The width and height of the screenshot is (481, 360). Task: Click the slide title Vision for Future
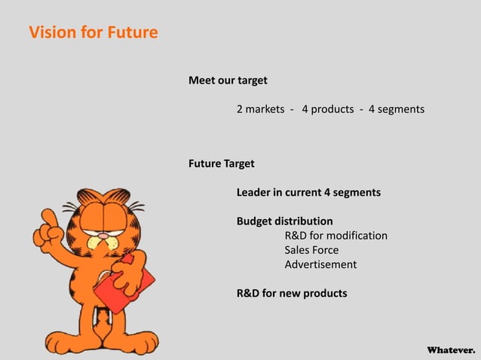pyautogui.click(x=93, y=33)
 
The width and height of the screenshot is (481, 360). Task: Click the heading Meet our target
pyautogui.click(x=228, y=80)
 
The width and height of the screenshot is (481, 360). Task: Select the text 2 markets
pyautogui.click(x=260, y=109)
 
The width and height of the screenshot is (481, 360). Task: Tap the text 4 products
pyautogui.click(x=327, y=109)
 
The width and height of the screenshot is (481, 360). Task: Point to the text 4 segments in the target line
pyautogui.click(x=396, y=109)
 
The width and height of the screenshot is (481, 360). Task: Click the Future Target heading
pyautogui.click(x=221, y=163)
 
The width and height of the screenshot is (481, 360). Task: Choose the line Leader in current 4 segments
pyautogui.click(x=308, y=192)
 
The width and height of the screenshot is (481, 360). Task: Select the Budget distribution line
pyautogui.click(x=284, y=221)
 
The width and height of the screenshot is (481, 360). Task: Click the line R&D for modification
pyautogui.click(x=335, y=236)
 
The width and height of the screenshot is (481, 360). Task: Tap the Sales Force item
pyautogui.click(x=311, y=250)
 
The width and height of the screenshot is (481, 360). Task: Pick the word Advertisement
pyautogui.click(x=320, y=264)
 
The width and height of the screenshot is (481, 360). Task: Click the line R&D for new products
pyautogui.click(x=292, y=293)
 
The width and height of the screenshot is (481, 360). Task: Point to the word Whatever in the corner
pyautogui.click(x=451, y=350)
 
